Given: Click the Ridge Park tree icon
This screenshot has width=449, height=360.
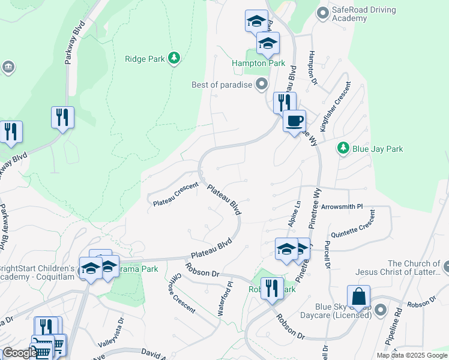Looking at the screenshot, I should (x=174, y=58).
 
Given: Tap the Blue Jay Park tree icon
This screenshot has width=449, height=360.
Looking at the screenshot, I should (x=343, y=148).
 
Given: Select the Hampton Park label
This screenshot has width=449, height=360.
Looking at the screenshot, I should (x=259, y=63).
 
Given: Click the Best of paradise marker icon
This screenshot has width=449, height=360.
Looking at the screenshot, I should (x=261, y=85).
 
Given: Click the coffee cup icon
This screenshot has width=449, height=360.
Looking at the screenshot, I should (x=294, y=122).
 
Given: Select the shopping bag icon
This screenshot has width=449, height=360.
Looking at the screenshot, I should (x=358, y=297).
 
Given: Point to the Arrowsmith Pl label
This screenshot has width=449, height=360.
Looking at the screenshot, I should (x=342, y=206).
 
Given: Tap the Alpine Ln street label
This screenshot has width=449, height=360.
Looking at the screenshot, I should (x=297, y=212).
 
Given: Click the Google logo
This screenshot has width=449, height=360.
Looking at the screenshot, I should (x=19, y=353).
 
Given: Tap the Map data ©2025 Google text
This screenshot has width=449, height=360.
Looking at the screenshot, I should (x=411, y=355).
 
